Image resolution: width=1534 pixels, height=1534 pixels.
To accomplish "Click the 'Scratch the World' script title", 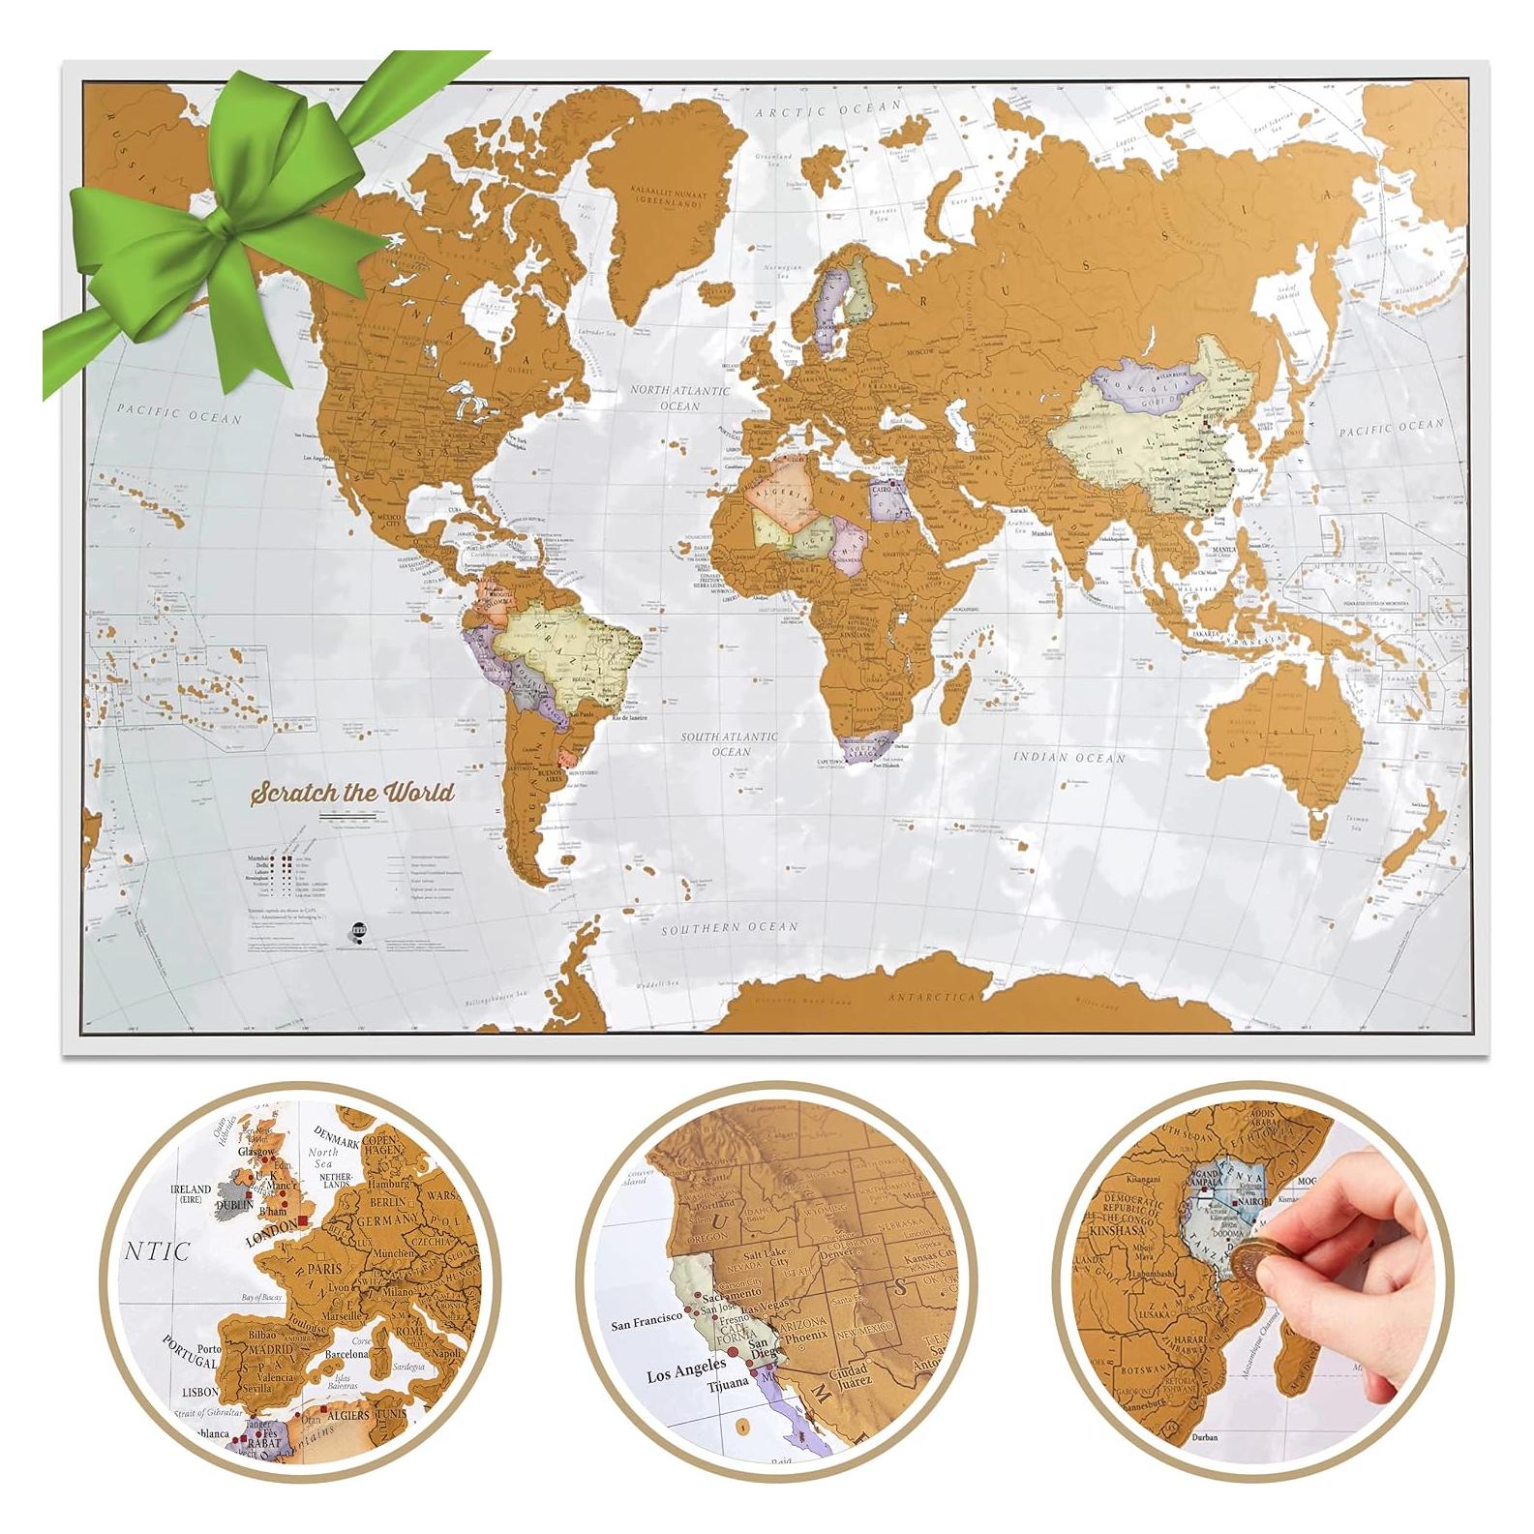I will [352, 793].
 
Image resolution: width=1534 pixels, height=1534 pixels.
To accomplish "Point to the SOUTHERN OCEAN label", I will [730, 927].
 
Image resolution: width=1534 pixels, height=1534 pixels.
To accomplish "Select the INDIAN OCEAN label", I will [1069, 757].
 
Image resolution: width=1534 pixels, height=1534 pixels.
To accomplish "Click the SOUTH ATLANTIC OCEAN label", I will [729, 743].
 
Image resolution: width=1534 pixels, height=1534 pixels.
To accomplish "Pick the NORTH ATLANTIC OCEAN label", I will [680, 398].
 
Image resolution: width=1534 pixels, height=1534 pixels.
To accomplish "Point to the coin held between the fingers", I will [1249, 1261].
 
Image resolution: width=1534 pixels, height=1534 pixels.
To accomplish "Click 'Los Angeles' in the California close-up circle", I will [686, 1369].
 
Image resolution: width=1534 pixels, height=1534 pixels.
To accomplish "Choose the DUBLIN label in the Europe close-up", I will [233, 1205].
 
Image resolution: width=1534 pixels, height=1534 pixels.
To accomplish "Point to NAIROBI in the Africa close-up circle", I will [1255, 1207].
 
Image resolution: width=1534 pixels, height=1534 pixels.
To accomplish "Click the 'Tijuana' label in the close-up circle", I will [729, 1384].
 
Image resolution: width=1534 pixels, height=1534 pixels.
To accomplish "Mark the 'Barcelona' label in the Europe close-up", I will [347, 1354].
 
